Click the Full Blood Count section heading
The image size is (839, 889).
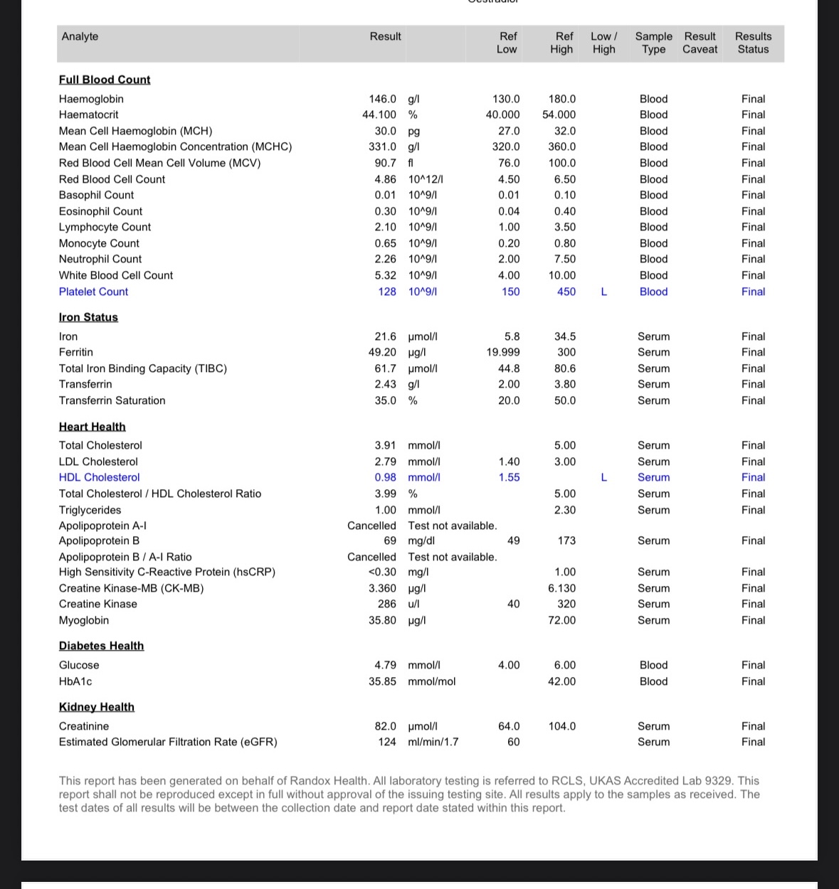(x=105, y=80)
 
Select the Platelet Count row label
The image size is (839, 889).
(x=93, y=292)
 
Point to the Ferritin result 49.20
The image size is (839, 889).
(x=382, y=352)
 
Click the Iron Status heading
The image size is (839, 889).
(x=88, y=317)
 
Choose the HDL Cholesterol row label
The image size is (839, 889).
(x=99, y=477)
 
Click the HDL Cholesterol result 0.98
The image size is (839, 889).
(x=385, y=477)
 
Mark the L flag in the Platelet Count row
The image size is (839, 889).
(x=604, y=292)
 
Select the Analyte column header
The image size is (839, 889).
(x=80, y=36)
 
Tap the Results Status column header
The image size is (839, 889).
(x=753, y=43)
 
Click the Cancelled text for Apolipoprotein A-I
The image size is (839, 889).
(x=371, y=526)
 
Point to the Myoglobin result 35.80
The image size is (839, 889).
(x=382, y=620)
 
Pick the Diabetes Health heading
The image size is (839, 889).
(x=101, y=646)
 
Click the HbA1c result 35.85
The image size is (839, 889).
(x=382, y=681)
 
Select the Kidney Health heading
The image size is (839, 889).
(x=96, y=707)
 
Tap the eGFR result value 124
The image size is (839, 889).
(x=386, y=742)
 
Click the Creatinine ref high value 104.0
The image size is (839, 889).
(x=562, y=726)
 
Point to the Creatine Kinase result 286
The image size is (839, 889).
(x=386, y=604)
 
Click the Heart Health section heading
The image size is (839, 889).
(x=92, y=427)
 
